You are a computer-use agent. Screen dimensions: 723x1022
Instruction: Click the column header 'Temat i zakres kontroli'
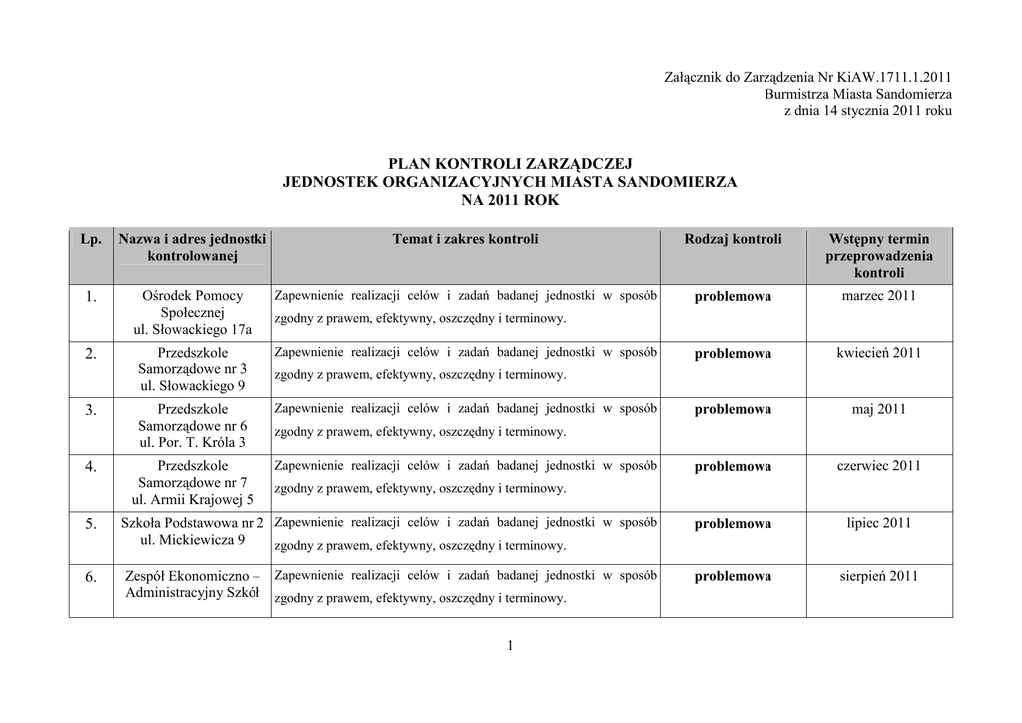pyautogui.click(x=465, y=239)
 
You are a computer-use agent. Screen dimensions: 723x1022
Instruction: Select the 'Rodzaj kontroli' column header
pyautogui.click(x=733, y=239)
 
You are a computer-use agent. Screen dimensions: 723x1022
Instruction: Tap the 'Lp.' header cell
pyautogui.click(x=91, y=239)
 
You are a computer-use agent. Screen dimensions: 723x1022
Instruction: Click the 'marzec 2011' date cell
pyautogui.click(x=878, y=296)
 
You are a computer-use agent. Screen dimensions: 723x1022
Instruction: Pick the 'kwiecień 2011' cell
pyautogui.click(x=878, y=353)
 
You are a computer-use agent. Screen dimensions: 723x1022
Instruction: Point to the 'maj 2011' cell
pyautogui.click(x=878, y=409)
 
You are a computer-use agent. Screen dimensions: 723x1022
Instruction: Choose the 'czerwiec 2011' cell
pyautogui.click(x=878, y=466)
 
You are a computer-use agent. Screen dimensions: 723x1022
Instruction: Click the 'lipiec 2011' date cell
pyautogui.click(x=878, y=523)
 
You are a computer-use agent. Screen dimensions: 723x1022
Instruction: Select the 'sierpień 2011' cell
pyautogui.click(x=878, y=576)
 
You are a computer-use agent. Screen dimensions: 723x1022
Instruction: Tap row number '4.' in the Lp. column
pyautogui.click(x=91, y=467)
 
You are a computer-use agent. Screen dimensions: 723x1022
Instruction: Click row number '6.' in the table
pyautogui.click(x=91, y=577)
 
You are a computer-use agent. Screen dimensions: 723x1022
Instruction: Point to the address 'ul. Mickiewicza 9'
pyautogui.click(x=193, y=540)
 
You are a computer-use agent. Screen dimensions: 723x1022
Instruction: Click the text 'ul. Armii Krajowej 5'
pyautogui.click(x=193, y=500)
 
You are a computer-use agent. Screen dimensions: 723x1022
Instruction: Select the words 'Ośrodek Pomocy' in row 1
pyautogui.click(x=193, y=296)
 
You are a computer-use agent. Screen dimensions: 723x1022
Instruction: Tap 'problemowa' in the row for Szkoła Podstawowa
pyautogui.click(x=733, y=524)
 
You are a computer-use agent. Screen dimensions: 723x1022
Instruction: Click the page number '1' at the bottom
pyautogui.click(x=510, y=647)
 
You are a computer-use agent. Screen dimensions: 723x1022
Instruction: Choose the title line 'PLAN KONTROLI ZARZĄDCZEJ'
pyautogui.click(x=510, y=164)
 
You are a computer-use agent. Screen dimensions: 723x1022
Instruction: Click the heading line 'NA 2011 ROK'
pyautogui.click(x=510, y=200)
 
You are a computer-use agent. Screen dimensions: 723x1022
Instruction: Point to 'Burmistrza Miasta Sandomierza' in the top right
pyautogui.click(x=857, y=93)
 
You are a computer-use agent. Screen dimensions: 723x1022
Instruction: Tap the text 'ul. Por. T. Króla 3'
pyautogui.click(x=193, y=443)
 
